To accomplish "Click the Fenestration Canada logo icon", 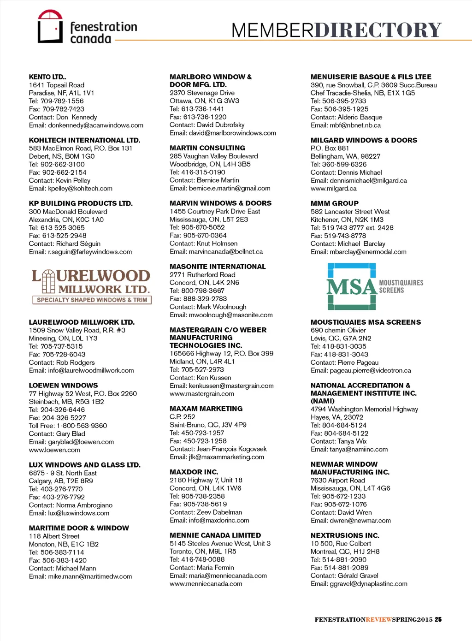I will [50, 26].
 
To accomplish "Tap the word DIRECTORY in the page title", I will [378, 30].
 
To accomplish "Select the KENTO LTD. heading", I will [47, 77].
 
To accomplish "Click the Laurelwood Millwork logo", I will [91, 286].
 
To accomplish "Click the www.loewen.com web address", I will [54, 450].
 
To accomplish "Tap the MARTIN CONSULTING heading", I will [207, 148].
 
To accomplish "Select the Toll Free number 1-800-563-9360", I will [82, 426].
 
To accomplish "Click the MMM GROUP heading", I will [335, 203].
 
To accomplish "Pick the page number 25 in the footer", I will [438, 620].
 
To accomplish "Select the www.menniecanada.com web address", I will [206, 584].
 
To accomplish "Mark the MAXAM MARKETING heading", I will [206, 409].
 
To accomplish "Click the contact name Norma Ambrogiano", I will [84, 505].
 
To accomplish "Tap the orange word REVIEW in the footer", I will [379, 620].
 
